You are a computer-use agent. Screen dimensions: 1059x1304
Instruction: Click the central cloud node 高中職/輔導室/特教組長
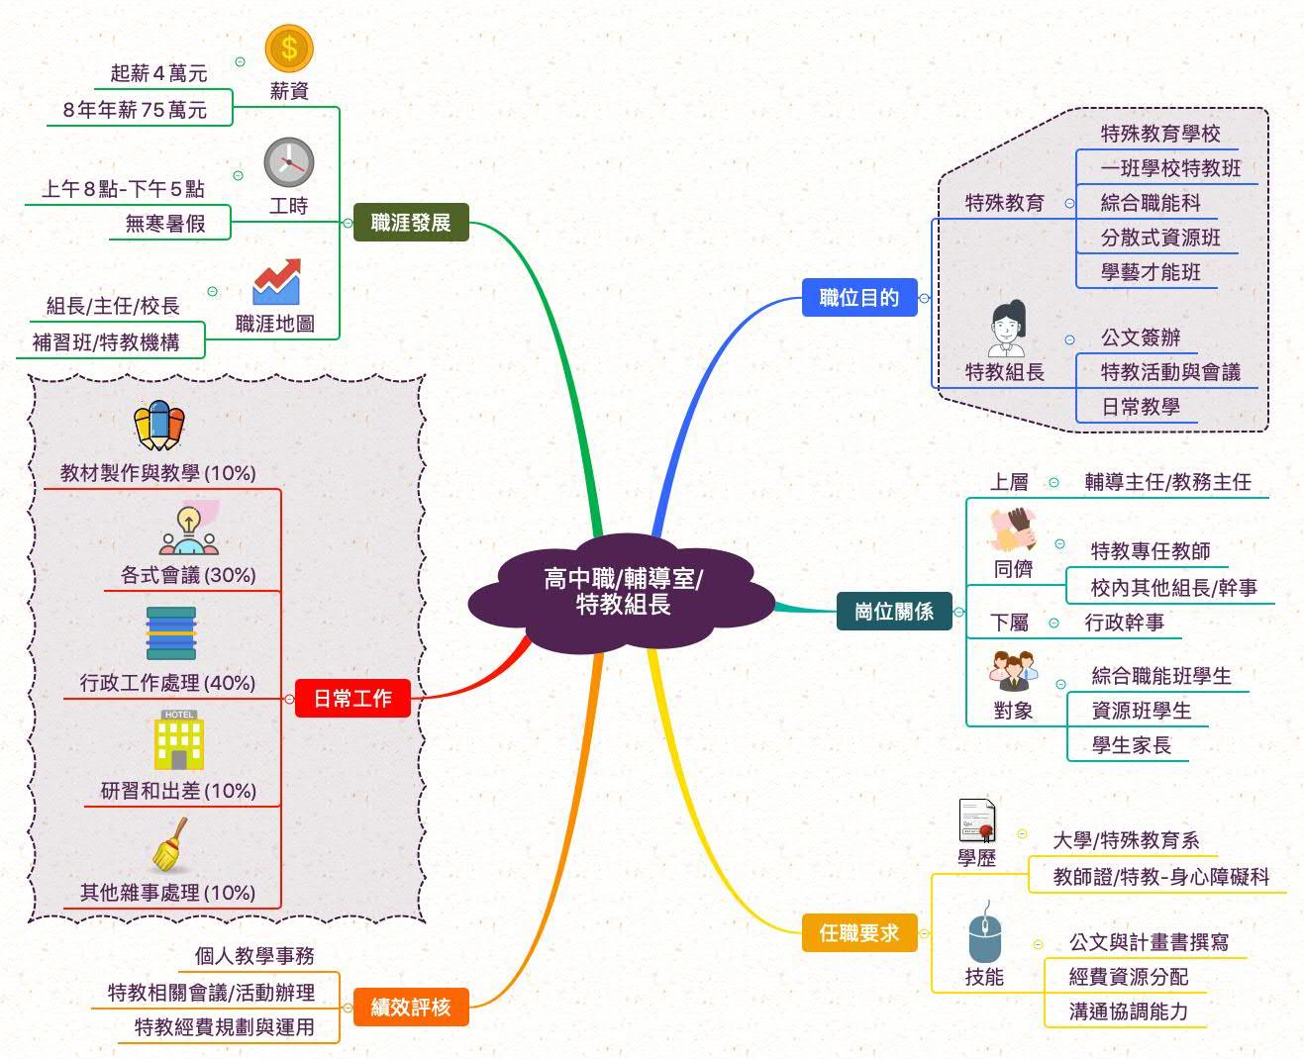click(622, 592)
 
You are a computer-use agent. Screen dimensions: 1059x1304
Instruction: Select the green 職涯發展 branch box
click(411, 223)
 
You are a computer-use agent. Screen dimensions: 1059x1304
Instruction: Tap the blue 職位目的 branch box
click(858, 298)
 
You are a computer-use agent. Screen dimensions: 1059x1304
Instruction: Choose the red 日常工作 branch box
click(352, 699)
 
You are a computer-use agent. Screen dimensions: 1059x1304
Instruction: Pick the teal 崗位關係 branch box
click(893, 611)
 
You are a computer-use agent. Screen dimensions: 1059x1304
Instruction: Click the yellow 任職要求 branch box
click(858, 932)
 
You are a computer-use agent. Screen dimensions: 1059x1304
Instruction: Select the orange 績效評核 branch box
click(410, 1007)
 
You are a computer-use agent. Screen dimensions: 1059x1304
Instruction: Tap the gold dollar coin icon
click(289, 48)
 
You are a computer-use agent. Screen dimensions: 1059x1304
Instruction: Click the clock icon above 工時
click(289, 162)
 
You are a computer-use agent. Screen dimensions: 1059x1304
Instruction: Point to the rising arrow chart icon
click(276, 282)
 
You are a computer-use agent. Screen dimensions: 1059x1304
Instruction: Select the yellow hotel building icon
click(179, 740)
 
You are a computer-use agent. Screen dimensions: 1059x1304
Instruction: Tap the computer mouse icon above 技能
click(984, 935)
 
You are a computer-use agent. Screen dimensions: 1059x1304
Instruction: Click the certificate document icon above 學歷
click(977, 820)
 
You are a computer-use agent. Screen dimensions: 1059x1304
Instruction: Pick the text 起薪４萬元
click(158, 73)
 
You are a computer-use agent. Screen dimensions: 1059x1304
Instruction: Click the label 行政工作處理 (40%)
click(167, 682)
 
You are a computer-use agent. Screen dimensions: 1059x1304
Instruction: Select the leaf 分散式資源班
click(1160, 238)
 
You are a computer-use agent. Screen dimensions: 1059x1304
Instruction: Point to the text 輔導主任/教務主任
click(1167, 482)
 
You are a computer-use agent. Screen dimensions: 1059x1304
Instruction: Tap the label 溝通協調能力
click(1128, 1011)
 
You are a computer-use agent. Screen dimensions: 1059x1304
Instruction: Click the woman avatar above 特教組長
click(1006, 329)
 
